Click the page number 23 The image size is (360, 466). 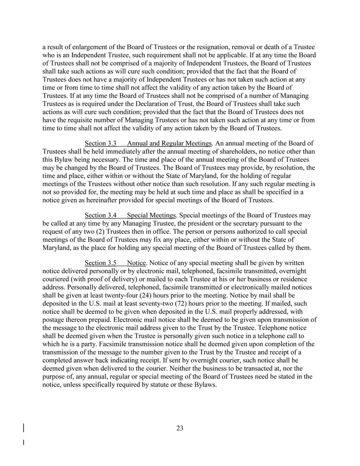(x=180, y=428)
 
